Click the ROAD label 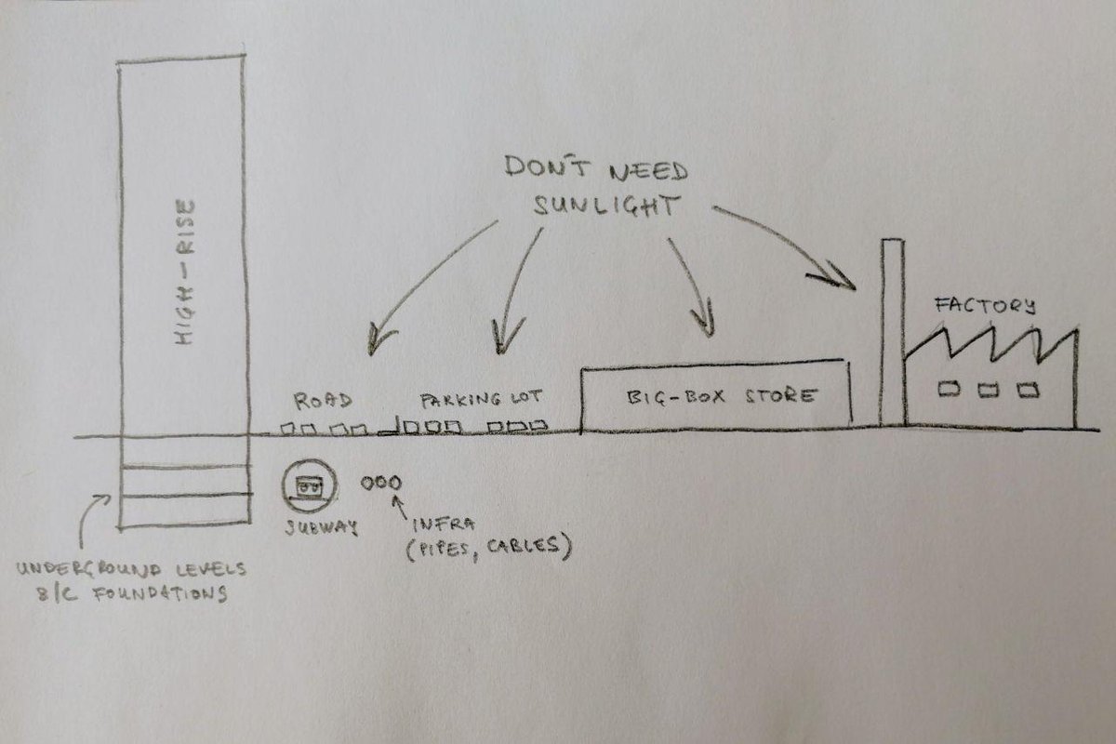322,402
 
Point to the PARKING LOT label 480,402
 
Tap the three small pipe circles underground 381,484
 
